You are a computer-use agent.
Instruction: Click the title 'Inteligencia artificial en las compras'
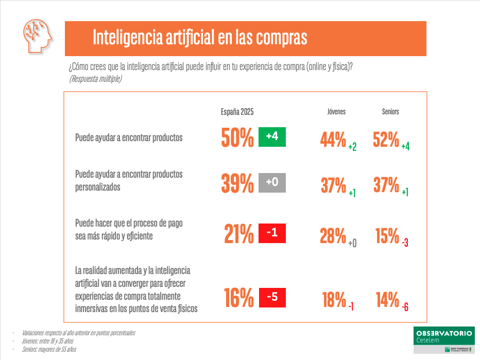click(x=200, y=38)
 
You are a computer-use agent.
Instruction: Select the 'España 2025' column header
click(x=237, y=112)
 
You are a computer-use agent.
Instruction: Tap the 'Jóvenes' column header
click(x=336, y=112)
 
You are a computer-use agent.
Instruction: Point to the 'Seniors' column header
click(x=390, y=112)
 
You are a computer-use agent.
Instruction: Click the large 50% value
click(x=237, y=138)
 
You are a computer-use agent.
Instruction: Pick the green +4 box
click(x=272, y=136)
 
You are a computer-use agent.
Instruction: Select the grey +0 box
click(x=272, y=182)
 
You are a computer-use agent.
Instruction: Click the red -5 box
click(x=272, y=297)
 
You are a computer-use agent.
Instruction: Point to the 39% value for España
click(x=237, y=183)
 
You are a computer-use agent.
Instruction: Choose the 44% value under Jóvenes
click(x=333, y=139)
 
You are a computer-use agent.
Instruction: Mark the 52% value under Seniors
click(x=386, y=139)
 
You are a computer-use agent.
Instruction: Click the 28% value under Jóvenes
click(x=333, y=236)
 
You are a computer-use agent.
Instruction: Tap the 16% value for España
click(x=239, y=298)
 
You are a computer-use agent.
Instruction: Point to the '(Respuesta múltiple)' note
click(x=95, y=79)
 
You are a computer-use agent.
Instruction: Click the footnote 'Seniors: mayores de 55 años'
click(x=49, y=349)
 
